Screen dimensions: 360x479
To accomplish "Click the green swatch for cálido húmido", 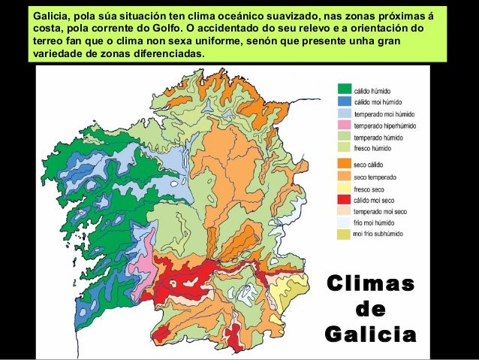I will [343, 88].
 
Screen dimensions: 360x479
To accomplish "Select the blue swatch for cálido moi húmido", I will [343, 100].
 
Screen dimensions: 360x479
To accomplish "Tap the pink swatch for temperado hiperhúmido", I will [343, 124].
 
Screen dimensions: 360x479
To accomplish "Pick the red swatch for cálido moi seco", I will [343, 200].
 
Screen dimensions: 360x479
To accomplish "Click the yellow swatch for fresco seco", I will [343, 188].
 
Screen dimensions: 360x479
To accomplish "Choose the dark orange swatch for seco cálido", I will [343, 163].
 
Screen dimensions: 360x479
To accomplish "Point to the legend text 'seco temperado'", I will [375, 176].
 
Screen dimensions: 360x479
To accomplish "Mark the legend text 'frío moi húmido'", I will [376, 225].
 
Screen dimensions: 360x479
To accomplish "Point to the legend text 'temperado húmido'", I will [379, 137].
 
